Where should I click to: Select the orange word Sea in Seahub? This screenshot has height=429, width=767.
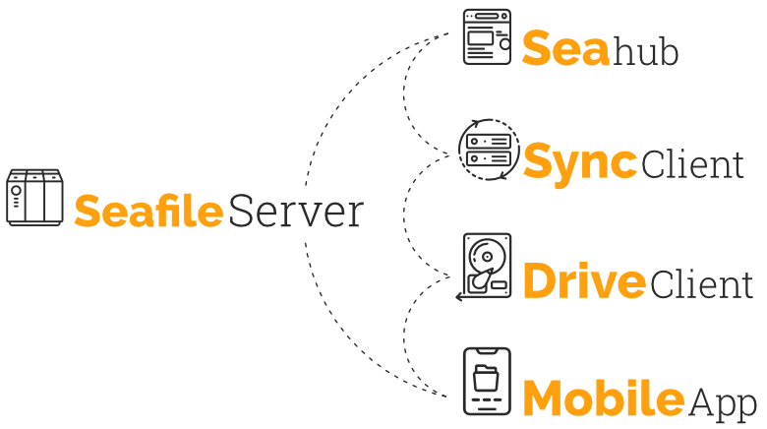tap(565, 49)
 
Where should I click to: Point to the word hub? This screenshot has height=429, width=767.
tap(646, 53)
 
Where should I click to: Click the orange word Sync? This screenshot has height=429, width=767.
tap(579, 162)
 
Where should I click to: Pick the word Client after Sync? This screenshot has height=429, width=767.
tap(692, 165)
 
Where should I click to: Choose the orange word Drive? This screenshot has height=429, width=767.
tap(584, 282)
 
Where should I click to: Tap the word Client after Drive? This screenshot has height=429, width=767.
tap(701, 284)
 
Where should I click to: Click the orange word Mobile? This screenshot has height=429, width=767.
tap(603, 398)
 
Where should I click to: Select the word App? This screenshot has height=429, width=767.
tap(723, 402)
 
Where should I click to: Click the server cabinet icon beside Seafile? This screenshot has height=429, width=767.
tap(35, 196)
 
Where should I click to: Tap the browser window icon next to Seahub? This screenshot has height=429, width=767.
tap(488, 37)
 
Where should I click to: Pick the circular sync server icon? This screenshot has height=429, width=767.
tap(489, 151)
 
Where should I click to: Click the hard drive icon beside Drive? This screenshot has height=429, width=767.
tap(487, 265)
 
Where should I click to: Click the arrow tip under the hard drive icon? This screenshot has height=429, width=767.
tap(458, 296)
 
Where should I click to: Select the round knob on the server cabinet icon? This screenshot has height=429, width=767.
tap(17, 186)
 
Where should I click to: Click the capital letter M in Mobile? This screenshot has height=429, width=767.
tap(542, 398)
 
